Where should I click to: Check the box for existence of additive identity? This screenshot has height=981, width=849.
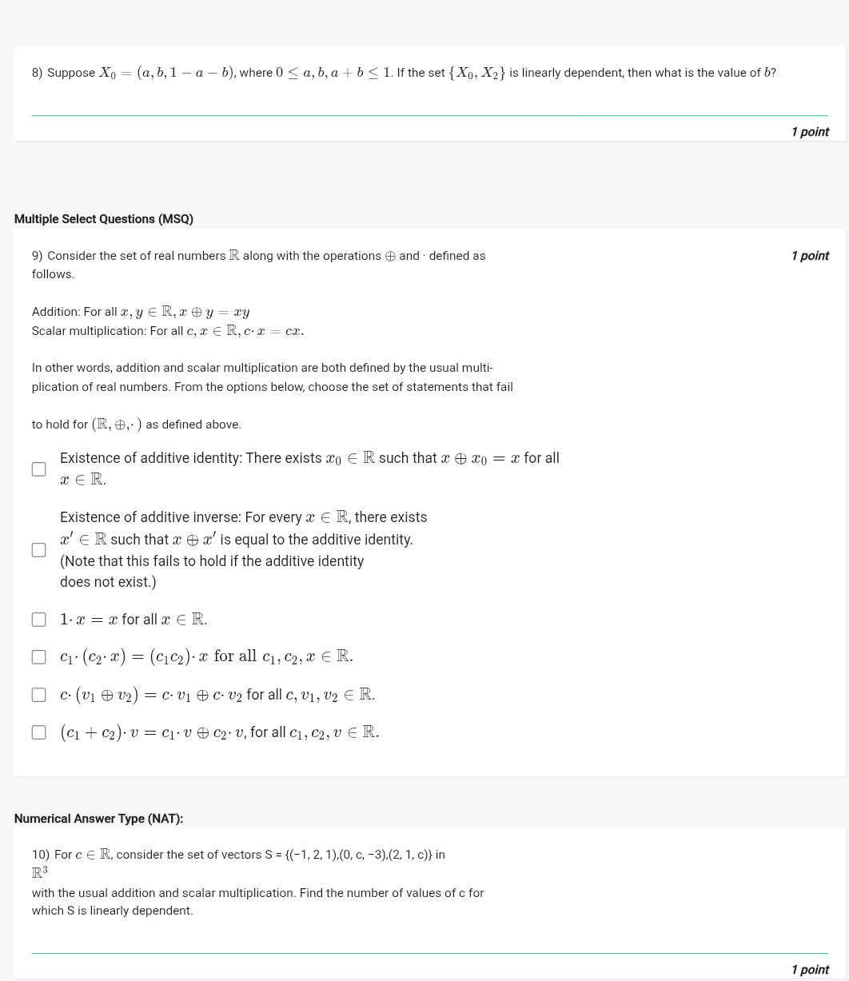(x=38, y=469)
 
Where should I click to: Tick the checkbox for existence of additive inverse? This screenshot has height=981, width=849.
(x=38, y=550)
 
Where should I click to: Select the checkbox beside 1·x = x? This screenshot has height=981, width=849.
(x=38, y=620)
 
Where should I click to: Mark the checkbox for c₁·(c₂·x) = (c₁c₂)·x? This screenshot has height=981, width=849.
(x=38, y=657)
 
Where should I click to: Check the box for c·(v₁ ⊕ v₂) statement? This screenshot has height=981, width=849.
(x=38, y=695)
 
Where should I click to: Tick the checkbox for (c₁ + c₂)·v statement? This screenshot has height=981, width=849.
(x=38, y=732)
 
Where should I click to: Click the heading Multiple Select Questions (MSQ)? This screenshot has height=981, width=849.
(x=104, y=219)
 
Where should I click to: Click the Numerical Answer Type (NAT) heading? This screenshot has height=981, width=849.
(x=98, y=819)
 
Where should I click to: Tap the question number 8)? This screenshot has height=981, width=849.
(x=37, y=73)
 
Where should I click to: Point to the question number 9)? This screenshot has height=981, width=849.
(x=37, y=256)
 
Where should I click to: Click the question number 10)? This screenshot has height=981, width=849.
(x=40, y=855)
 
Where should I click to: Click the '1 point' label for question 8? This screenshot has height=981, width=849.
(x=809, y=132)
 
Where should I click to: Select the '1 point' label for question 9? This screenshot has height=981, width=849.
(x=809, y=256)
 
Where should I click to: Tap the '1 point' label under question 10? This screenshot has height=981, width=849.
(x=809, y=970)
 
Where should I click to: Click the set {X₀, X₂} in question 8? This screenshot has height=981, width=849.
(x=476, y=73)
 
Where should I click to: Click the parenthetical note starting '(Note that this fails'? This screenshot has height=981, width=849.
(x=212, y=561)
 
